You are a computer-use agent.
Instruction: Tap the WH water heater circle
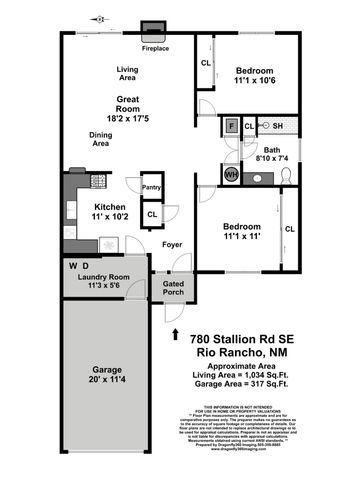tap(231, 174)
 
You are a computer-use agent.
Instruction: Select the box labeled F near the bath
tap(231, 126)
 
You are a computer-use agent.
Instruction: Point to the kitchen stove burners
tap(97, 181)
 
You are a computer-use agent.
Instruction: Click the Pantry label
tap(152, 186)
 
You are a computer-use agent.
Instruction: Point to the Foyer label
tap(172, 243)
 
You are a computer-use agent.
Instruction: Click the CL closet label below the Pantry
tap(152, 214)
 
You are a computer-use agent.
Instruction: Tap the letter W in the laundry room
tap(73, 266)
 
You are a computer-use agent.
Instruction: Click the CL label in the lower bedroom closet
tap(290, 229)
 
